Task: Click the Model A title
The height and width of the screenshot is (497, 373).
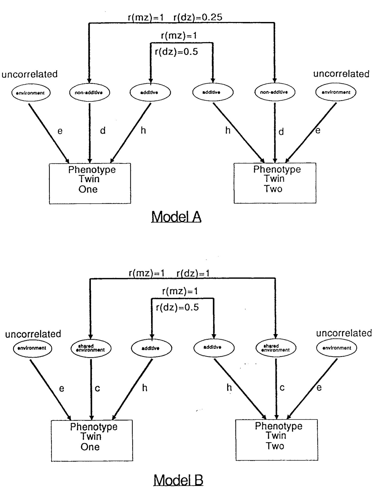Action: click(176, 217)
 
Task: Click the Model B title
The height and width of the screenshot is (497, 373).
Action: click(178, 480)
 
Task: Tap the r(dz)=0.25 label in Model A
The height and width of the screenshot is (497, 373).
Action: click(198, 17)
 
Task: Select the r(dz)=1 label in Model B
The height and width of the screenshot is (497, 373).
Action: click(193, 273)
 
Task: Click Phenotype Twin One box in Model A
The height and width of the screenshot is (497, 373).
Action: click(90, 183)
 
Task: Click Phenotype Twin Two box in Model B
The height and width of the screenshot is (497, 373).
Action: click(277, 440)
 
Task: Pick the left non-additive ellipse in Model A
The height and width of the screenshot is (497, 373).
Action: click(89, 92)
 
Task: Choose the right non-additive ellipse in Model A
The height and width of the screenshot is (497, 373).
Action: click(275, 92)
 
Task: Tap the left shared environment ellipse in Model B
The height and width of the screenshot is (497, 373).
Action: click(91, 348)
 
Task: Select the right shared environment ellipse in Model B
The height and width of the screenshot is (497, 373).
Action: click(276, 348)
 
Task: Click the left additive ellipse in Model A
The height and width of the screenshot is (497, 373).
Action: click(150, 92)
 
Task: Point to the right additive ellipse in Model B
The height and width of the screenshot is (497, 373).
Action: click(214, 347)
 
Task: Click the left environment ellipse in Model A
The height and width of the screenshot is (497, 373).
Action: click(31, 93)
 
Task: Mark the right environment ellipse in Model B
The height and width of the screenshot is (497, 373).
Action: click(336, 348)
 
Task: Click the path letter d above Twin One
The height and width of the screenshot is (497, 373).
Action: click(103, 131)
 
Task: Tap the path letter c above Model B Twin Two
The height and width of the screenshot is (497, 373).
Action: click(282, 387)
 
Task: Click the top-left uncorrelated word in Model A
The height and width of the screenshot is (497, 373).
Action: click(30, 74)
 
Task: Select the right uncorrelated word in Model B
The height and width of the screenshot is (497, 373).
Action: click(344, 333)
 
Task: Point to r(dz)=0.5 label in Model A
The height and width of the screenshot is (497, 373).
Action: click(176, 52)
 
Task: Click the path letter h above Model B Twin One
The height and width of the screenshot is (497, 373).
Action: click(145, 388)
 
